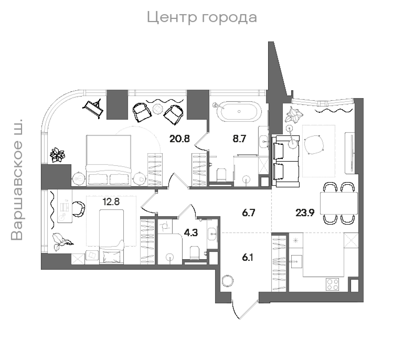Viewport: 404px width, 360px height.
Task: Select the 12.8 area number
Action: [111, 202]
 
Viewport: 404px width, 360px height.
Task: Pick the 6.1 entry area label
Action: [247, 257]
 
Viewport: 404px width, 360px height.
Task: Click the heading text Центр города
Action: [202, 17]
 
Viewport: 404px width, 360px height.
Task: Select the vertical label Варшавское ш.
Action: [17, 180]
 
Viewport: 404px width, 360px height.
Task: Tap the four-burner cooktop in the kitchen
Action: [333, 284]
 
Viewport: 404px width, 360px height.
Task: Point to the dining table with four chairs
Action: [339, 203]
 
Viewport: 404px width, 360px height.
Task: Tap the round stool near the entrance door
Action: [228, 281]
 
